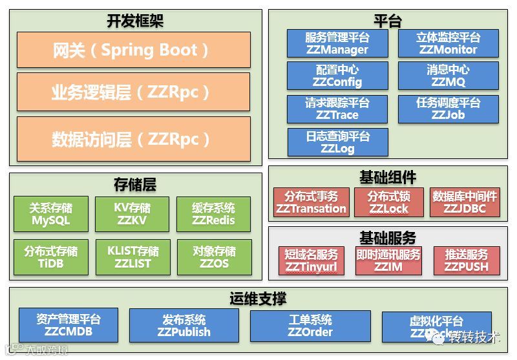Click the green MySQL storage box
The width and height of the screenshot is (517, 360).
51,215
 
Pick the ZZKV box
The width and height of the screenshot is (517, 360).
132,215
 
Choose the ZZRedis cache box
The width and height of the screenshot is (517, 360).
214,215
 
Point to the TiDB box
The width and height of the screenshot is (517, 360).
51,257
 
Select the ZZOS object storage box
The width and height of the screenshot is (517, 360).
214,257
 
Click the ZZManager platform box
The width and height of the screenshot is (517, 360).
337,43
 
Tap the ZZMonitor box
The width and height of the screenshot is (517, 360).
448,43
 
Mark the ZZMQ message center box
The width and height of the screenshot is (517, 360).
448,76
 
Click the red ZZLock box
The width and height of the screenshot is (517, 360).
388,202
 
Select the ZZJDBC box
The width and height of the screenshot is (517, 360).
465,202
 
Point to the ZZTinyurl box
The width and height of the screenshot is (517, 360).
311,260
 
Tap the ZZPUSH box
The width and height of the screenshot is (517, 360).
467,260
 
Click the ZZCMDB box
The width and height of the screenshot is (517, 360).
69,326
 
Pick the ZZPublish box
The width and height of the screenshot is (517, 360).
184,326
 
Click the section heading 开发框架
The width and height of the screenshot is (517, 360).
135,21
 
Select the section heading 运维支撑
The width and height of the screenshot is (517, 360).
258,299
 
